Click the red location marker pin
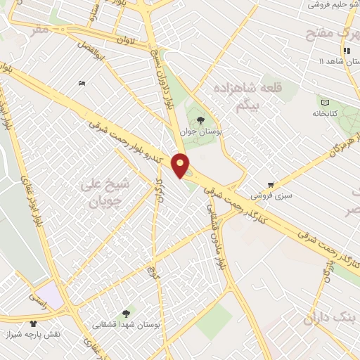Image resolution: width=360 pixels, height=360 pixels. pyautogui.click(x=181, y=165)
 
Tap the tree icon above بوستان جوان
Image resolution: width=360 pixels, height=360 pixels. pyautogui.click(x=200, y=120)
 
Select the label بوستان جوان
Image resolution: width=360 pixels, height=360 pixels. pyautogui.click(x=200, y=131)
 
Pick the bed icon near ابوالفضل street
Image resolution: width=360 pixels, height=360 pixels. pyautogui.click(x=82, y=84)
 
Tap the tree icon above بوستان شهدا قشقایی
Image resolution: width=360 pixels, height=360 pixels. pyautogui.click(x=127, y=313)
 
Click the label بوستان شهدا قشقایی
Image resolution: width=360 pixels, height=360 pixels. pyautogui.click(x=127, y=325)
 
